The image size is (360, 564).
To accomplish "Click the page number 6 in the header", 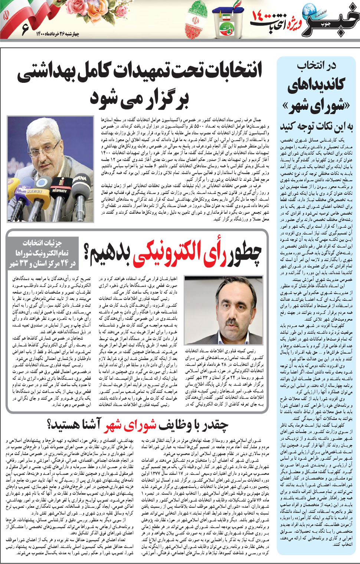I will [25, 29].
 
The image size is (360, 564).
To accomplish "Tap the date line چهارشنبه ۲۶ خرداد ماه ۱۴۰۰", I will [57, 35].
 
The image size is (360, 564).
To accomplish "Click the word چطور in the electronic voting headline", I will [241, 253].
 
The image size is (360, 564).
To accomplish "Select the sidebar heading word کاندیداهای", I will [317, 85].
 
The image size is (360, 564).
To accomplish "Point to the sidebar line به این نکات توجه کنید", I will [316, 127].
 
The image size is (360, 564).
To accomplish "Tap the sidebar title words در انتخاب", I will [316, 66].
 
